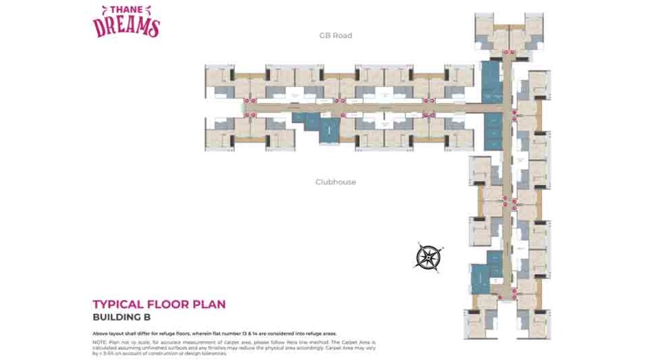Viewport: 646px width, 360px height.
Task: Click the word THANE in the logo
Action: (x=126, y=11)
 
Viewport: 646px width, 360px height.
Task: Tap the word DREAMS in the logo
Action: (x=126, y=26)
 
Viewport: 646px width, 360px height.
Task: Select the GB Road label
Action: (x=335, y=35)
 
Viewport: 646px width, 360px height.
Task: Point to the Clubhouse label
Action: (x=335, y=182)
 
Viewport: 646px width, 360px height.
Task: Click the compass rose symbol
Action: (x=427, y=257)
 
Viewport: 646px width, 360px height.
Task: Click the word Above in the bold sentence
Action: (x=101, y=334)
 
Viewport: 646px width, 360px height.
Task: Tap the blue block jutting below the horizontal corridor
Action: (x=329, y=128)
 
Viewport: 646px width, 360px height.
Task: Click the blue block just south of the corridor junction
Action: (x=493, y=131)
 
